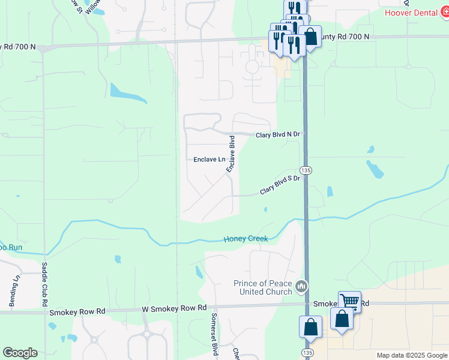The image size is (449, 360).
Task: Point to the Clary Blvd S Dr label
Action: pyautogui.click(x=279, y=185)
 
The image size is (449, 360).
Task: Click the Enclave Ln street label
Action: pyautogui.click(x=209, y=160)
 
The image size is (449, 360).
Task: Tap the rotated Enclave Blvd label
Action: pyautogui.click(x=231, y=154)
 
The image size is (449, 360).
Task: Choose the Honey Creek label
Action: pyautogui.click(x=246, y=238)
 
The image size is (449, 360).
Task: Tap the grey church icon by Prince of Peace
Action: pyautogui.click(x=302, y=287)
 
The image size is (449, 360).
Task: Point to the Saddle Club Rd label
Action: pyautogui.click(x=44, y=281)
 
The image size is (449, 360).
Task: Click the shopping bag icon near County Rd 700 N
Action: pyautogui.click(x=310, y=37)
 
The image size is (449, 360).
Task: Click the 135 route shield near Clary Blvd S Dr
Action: pyautogui.click(x=306, y=170)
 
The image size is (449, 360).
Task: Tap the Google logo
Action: pyautogui.click(x=20, y=353)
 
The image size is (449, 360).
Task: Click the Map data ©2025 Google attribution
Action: pyautogui.click(x=412, y=355)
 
